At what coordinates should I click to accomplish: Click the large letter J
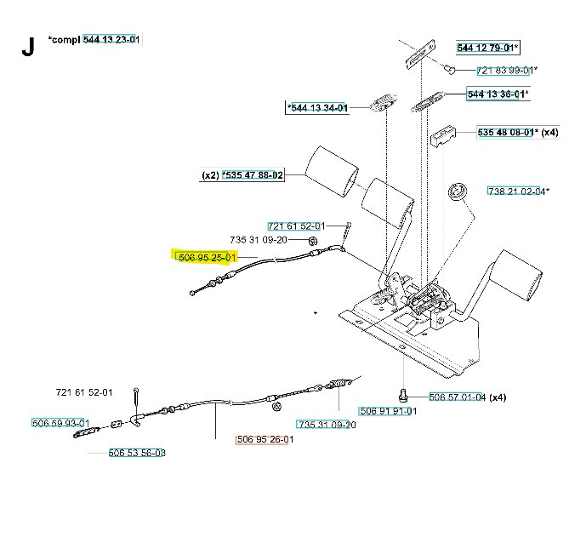[x=28, y=47]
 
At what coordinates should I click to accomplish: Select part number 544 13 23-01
[x=111, y=39]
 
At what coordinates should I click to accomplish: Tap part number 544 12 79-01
[x=487, y=48]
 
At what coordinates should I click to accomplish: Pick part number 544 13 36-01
[x=497, y=94]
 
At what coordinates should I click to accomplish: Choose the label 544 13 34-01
[x=318, y=108]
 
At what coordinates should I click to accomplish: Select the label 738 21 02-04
[x=515, y=191]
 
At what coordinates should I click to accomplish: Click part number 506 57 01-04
[x=457, y=397]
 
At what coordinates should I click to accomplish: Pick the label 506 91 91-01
[x=388, y=411]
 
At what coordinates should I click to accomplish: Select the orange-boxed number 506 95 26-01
[x=264, y=440]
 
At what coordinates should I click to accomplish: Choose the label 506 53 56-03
[x=137, y=453]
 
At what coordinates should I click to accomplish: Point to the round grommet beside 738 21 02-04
[x=458, y=191]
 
